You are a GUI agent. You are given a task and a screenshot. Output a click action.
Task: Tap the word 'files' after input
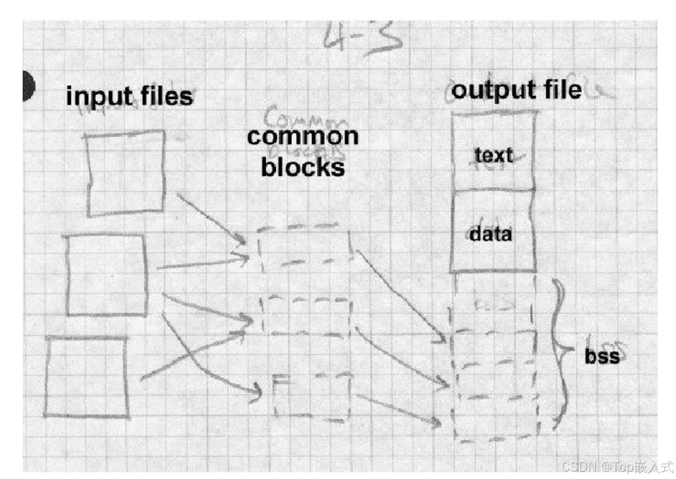point(165,97)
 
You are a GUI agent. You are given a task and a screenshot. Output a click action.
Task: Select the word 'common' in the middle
point(303,136)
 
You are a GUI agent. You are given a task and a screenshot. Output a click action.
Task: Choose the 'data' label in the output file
point(491,233)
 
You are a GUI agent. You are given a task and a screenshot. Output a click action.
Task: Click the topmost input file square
point(125,173)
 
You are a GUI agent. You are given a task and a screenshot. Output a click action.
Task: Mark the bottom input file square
point(87,376)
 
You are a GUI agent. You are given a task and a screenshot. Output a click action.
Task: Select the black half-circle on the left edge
point(29,86)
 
